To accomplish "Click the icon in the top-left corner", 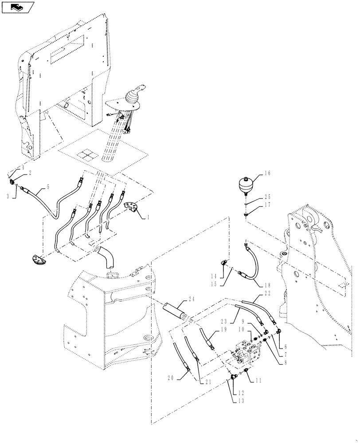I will tap(18, 7).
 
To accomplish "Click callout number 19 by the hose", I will tap(223, 330).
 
